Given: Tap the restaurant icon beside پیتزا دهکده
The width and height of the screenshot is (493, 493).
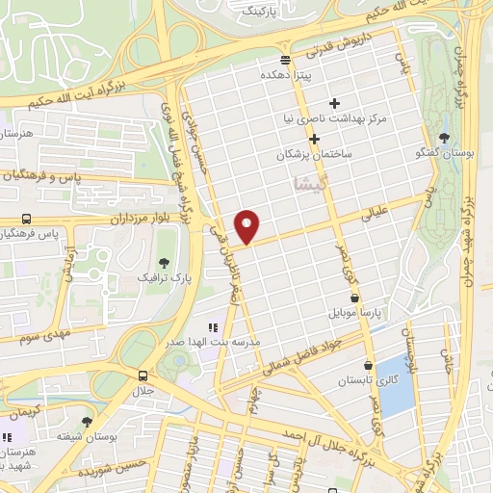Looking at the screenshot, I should click(x=275, y=73).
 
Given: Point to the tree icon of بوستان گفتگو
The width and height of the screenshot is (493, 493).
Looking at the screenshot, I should click(x=444, y=138).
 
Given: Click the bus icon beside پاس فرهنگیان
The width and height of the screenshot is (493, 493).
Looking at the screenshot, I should click(x=25, y=218).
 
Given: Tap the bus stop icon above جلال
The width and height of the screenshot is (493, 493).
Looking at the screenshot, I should click(x=143, y=376).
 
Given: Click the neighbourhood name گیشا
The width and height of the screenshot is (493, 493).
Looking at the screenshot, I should click(x=299, y=181).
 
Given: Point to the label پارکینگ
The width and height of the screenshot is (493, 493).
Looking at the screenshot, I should click(x=256, y=11).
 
